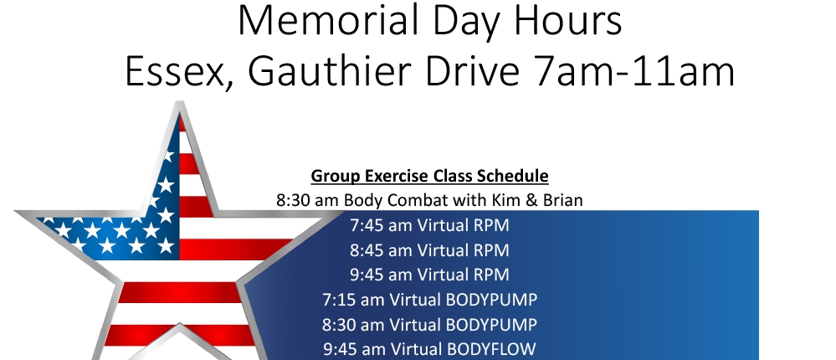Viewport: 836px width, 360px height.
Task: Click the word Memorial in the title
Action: coord(327,20)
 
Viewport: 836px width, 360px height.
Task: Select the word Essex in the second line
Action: coord(180,71)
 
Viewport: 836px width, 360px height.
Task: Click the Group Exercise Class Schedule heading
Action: coord(429,176)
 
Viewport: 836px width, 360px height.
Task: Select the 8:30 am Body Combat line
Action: coord(429,200)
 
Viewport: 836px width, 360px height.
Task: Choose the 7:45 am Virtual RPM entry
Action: coord(429,225)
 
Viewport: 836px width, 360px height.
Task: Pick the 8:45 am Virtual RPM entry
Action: coord(429,249)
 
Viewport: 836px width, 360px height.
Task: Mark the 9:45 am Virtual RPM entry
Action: coord(429,274)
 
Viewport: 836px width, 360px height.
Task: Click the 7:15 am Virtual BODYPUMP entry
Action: coord(429,299)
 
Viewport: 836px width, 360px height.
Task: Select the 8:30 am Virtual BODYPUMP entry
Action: coord(429,324)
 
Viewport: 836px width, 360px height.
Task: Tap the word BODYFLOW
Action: coord(491,349)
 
